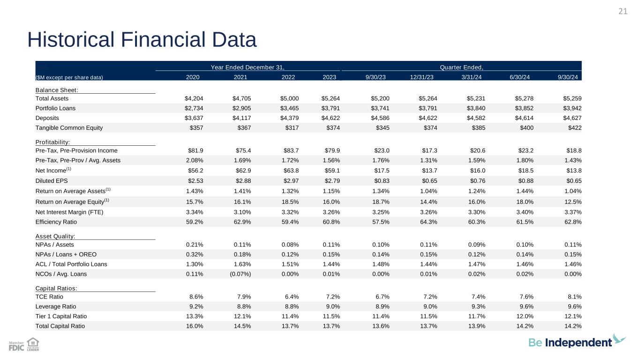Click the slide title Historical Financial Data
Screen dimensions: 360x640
coord(142,40)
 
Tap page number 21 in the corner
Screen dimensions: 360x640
coord(622,12)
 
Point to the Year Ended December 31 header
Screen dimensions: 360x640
coord(248,67)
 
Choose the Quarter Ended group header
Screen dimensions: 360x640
coord(461,67)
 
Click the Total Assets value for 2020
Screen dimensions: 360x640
coord(194,98)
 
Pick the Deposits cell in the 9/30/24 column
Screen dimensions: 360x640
coord(572,118)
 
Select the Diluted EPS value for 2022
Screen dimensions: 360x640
coord(289,180)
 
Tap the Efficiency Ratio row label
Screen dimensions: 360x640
coord(56,222)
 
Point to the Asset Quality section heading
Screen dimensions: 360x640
coord(55,236)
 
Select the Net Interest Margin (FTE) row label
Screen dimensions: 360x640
coord(69,212)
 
